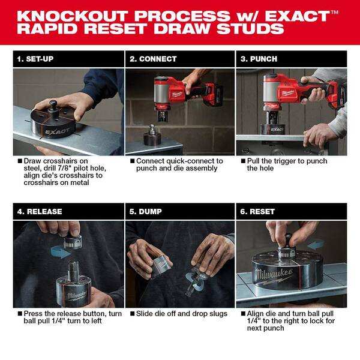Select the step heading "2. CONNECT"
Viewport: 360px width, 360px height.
point(154,59)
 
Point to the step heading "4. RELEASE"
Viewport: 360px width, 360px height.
point(40,211)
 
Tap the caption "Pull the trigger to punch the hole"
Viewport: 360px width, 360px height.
point(281,165)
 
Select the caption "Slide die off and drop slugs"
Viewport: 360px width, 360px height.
point(178,313)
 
